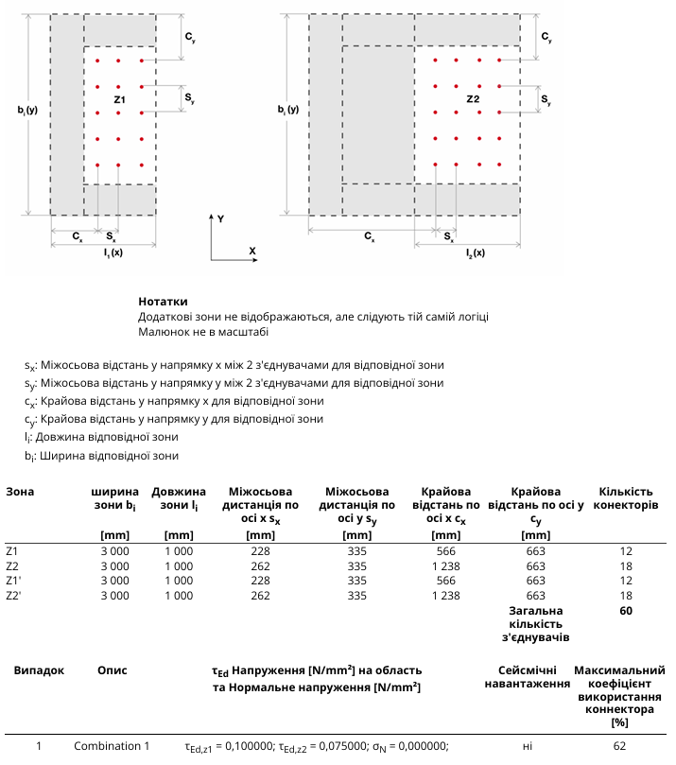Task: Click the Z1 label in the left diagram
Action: (119, 99)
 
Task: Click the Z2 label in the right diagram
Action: (473, 99)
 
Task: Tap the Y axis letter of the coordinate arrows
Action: (221, 218)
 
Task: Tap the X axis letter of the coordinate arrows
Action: (252, 251)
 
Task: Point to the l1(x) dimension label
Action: (113, 252)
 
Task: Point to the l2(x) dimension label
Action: (475, 252)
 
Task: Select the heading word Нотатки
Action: (163, 302)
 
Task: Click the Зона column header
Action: (20, 492)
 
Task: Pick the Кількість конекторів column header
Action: (626, 498)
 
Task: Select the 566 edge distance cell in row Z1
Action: (446, 551)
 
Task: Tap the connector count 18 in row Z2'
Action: (626, 596)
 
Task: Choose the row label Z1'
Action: (13, 581)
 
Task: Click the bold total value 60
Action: (626, 611)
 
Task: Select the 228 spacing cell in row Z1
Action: (260, 551)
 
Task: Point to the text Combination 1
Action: (112, 746)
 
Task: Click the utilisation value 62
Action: (619, 746)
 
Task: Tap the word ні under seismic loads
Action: (528, 746)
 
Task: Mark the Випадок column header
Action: (39, 670)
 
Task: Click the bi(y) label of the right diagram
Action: (287, 110)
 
